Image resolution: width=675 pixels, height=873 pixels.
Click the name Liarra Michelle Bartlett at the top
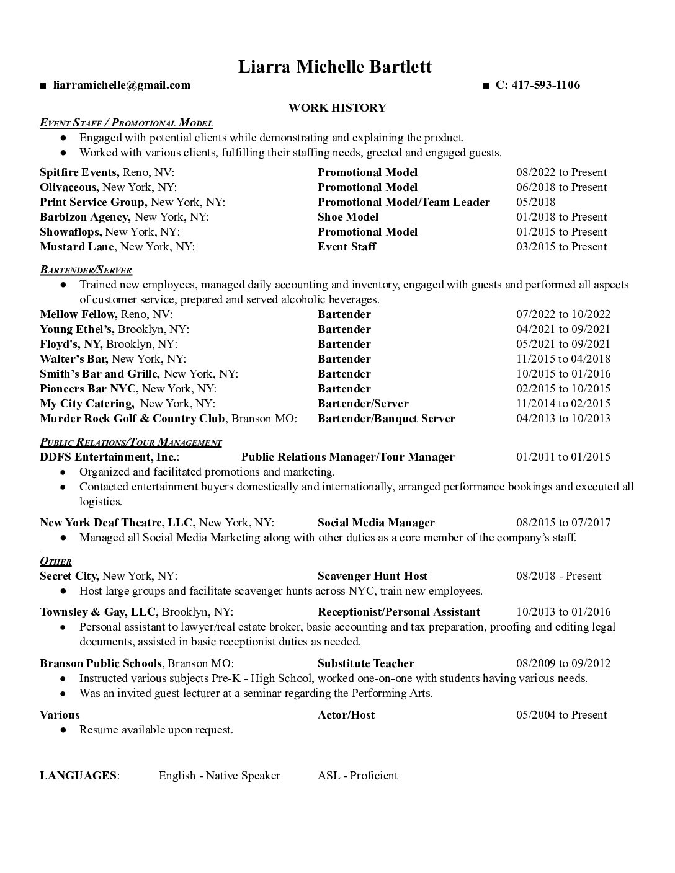click(x=335, y=66)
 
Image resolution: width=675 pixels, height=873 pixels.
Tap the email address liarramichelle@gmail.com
click(x=122, y=85)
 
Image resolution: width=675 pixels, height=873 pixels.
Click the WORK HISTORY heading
click(x=337, y=108)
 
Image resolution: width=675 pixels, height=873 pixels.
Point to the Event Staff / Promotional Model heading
click(x=126, y=123)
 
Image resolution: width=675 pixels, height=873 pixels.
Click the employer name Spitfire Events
click(x=79, y=172)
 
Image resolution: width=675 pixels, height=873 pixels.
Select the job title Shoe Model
click(x=348, y=217)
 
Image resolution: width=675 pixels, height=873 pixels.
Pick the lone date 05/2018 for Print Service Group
click(x=535, y=202)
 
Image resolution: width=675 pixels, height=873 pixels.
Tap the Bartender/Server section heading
click(x=86, y=270)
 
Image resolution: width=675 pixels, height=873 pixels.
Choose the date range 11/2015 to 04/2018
click(x=563, y=359)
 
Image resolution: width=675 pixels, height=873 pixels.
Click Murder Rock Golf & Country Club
click(x=132, y=419)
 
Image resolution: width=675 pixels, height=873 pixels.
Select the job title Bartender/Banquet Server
click(x=386, y=419)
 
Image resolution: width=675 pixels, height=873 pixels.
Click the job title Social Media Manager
click(x=376, y=523)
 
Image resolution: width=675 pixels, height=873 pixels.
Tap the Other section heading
click(x=56, y=561)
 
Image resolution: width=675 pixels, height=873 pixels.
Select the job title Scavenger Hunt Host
click(x=372, y=576)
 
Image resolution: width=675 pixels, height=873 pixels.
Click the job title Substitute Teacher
click(x=365, y=663)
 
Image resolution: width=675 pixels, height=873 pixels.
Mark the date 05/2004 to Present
click(x=561, y=715)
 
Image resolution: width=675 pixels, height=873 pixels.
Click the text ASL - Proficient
click(x=357, y=776)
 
